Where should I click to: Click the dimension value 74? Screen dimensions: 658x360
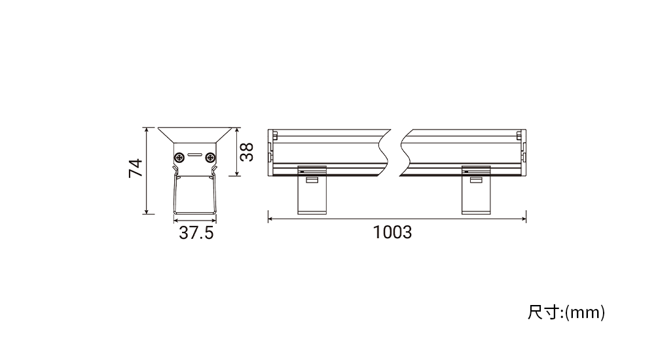click(x=136, y=168)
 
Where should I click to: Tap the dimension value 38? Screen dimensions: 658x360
click(x=247, y=152)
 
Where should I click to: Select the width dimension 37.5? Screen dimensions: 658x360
click(x=196, y=233)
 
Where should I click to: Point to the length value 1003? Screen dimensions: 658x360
click(x=392, y=232)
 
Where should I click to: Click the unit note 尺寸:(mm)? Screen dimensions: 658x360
click(x=566, y=312)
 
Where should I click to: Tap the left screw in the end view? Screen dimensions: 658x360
click(x=179, y=158)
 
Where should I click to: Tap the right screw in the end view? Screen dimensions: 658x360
click(x=210, y=158)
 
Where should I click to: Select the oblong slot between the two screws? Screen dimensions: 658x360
click(x=194, y=154)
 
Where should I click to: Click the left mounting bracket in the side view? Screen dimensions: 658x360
click(x=312, y=190)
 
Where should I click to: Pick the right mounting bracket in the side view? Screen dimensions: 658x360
click(x=476, y=190)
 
